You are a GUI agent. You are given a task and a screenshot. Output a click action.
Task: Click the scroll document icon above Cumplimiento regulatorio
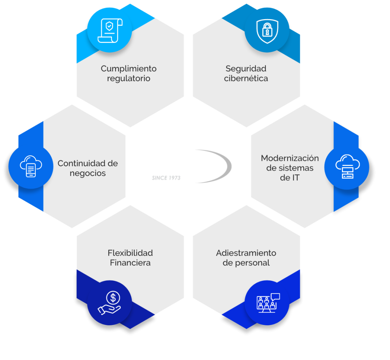[110, 30]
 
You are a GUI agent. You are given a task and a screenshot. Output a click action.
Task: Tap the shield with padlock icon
[267, 31]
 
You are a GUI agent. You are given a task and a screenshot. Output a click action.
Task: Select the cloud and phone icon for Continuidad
[31, 166]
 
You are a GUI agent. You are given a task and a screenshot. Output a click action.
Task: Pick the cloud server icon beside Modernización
[347, 166]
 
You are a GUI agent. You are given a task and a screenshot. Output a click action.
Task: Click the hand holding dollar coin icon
[109, 303]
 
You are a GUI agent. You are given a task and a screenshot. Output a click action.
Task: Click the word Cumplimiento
[129, 68]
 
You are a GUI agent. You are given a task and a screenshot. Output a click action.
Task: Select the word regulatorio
[129, 79]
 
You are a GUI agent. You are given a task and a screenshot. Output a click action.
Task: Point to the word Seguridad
[246, 68]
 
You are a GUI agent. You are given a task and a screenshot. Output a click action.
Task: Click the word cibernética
[246, 78]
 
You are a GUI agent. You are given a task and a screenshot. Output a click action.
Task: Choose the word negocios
[87, 173]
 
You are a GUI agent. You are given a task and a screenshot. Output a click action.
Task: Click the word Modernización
[290, 158]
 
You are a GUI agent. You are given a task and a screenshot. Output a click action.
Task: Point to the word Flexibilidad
[130, 253]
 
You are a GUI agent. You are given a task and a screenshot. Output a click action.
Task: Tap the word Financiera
[130, 263]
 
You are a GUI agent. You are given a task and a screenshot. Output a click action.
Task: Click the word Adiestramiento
[246, 253]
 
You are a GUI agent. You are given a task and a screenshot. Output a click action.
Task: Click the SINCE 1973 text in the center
[166, 178]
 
